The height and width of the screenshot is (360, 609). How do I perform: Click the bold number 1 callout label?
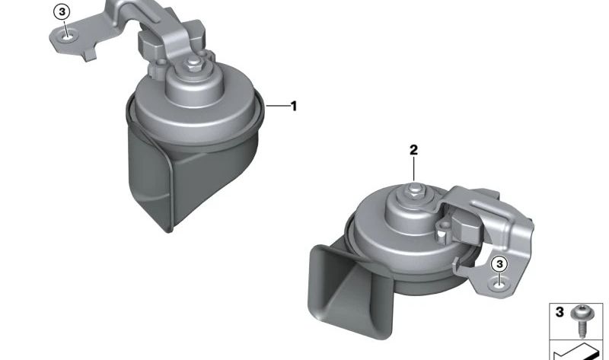click(294, 106)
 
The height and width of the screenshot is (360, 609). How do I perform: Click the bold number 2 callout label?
click(413, 150)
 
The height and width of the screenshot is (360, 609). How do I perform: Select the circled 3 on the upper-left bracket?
click(62, 12)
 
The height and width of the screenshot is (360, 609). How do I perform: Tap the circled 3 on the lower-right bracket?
click(499, 264)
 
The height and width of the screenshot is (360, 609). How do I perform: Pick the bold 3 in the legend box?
click(560, 312)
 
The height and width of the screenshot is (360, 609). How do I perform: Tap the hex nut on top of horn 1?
click(193, 63)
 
